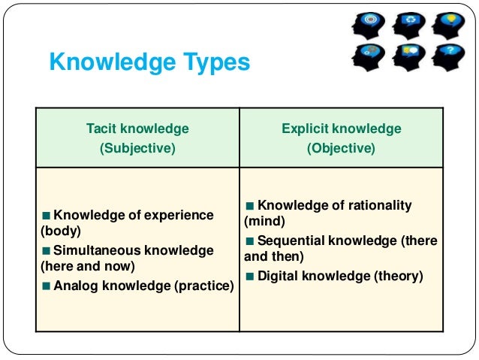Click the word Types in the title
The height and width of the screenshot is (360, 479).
[x=214, y=62]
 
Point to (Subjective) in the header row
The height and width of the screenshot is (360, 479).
[x=137, y=148]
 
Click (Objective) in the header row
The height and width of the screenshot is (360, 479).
[x=341, y=148]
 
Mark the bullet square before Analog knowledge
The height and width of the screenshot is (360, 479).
[x=47, y=286]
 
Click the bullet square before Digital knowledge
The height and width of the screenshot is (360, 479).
[x=250, y=276]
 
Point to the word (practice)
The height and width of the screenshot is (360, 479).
[x=206, y=286]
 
